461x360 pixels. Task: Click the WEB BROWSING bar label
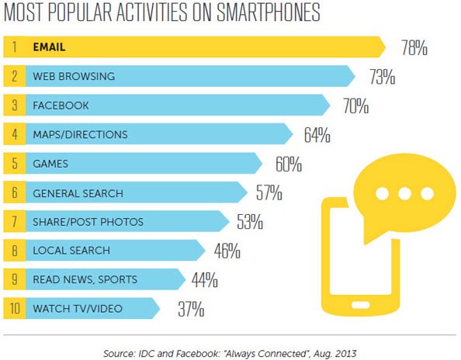tap(74, 77)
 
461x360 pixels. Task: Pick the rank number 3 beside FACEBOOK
tap(14, 106)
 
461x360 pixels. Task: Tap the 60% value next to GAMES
tap(288, 164)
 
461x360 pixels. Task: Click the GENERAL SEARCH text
tap(78, 192)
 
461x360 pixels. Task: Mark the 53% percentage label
tap(248, 223)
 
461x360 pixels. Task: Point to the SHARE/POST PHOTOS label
tap(88, 222)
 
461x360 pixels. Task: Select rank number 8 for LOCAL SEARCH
tap(14, 251)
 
